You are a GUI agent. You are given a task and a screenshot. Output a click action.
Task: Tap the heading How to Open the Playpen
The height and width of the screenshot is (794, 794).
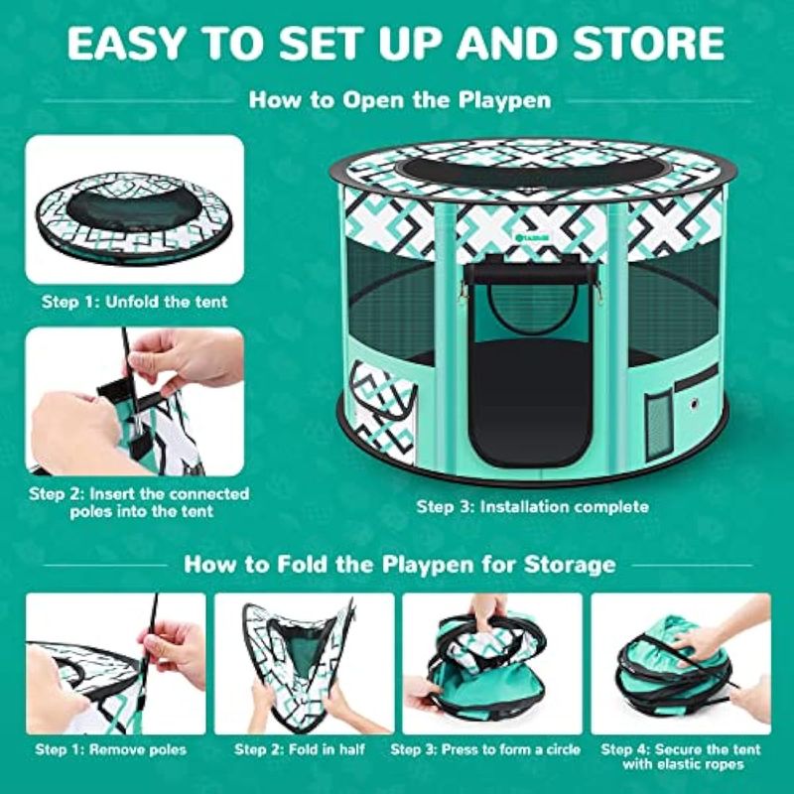pyautogui.click(x=400, y=100)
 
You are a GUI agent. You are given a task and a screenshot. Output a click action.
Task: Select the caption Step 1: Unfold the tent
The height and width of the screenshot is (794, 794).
pyautogui.click(x=135, y=302)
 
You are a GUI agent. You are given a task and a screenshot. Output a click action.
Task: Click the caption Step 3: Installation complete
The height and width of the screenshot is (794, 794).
pyautogui.click(x=532, y=506)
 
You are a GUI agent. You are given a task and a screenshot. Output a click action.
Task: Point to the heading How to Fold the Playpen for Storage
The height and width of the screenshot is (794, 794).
pyautogui.click(x=400, y=564)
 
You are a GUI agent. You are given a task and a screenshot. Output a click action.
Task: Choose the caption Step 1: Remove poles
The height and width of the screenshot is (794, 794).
pyautogui.click(x=111, y=749)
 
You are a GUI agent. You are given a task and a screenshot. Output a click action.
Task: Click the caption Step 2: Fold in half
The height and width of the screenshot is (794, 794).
pyautogui.click(x=300, y=749)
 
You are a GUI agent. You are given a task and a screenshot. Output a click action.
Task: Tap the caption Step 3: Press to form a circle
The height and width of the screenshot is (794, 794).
pyautogui.click(x=485, y=749)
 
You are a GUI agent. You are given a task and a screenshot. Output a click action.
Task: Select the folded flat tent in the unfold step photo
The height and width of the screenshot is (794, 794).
pyautogui.click(x=134, y=217)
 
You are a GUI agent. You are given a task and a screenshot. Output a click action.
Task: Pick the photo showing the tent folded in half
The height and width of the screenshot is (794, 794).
pyautogui.click(x=304, y=664)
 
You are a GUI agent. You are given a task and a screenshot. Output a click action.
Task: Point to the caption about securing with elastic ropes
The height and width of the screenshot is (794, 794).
pyautogui.click(x=681, y=756)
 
